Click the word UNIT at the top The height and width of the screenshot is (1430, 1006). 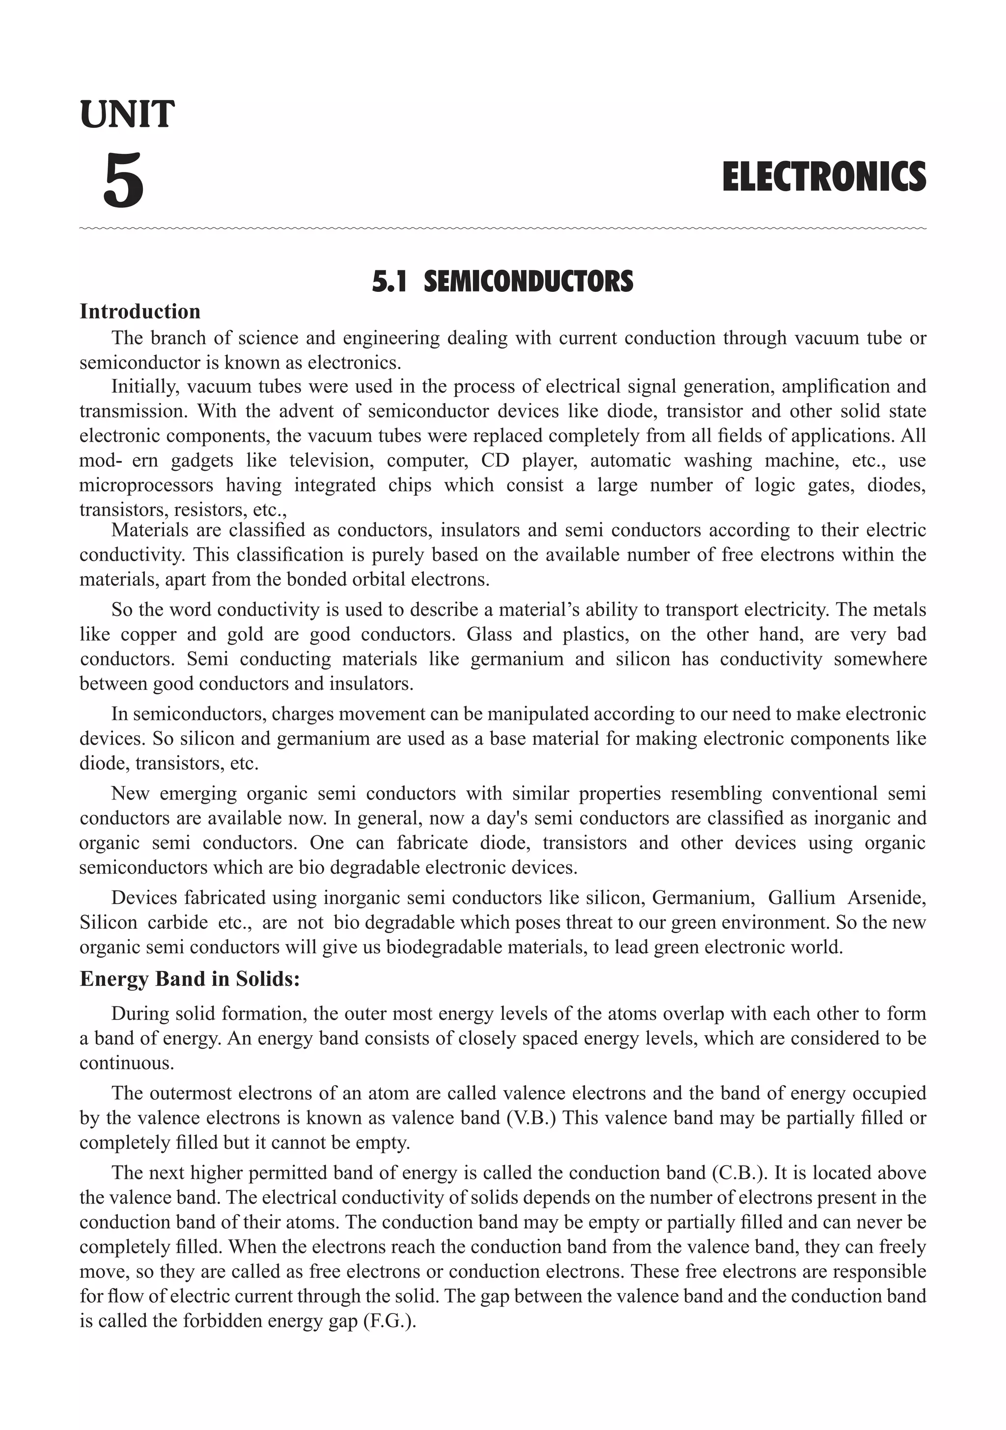(127, 115)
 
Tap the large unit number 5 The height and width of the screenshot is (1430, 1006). (123, 181)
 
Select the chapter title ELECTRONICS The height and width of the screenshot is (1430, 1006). (824, 177)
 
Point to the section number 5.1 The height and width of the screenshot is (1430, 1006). (389, 282)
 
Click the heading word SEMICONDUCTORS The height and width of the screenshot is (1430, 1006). (528, 282)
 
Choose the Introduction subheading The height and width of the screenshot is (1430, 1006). (140, 312)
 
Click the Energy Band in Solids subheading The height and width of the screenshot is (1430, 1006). (190, 978)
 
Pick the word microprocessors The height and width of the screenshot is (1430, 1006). (146, 485)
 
